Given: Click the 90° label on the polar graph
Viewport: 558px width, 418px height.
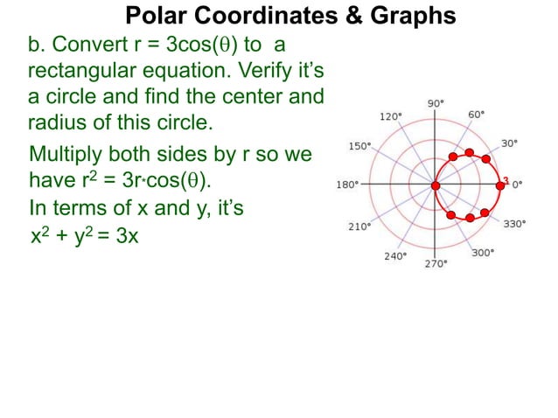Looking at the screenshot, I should coord(436,103).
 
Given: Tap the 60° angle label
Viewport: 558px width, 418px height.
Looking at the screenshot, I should coord(477,115).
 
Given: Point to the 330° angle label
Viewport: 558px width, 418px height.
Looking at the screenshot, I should coord(514,224).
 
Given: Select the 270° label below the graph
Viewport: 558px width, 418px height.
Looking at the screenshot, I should coord(436,263).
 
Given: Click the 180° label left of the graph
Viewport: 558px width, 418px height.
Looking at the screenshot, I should coord(346,185).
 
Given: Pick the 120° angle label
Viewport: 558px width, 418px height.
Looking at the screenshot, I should coord(391,116).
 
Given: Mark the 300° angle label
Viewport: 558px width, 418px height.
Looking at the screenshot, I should coord(483,253).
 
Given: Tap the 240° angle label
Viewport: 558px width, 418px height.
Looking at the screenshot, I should coord(394,256).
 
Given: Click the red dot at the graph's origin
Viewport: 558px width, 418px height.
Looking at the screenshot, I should coord(435,185).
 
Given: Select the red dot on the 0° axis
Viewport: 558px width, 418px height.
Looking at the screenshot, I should coord(499,185).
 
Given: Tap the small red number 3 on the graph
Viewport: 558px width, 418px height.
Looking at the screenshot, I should coord(506,180).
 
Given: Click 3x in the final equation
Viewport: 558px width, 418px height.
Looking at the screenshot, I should coord(127,236).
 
